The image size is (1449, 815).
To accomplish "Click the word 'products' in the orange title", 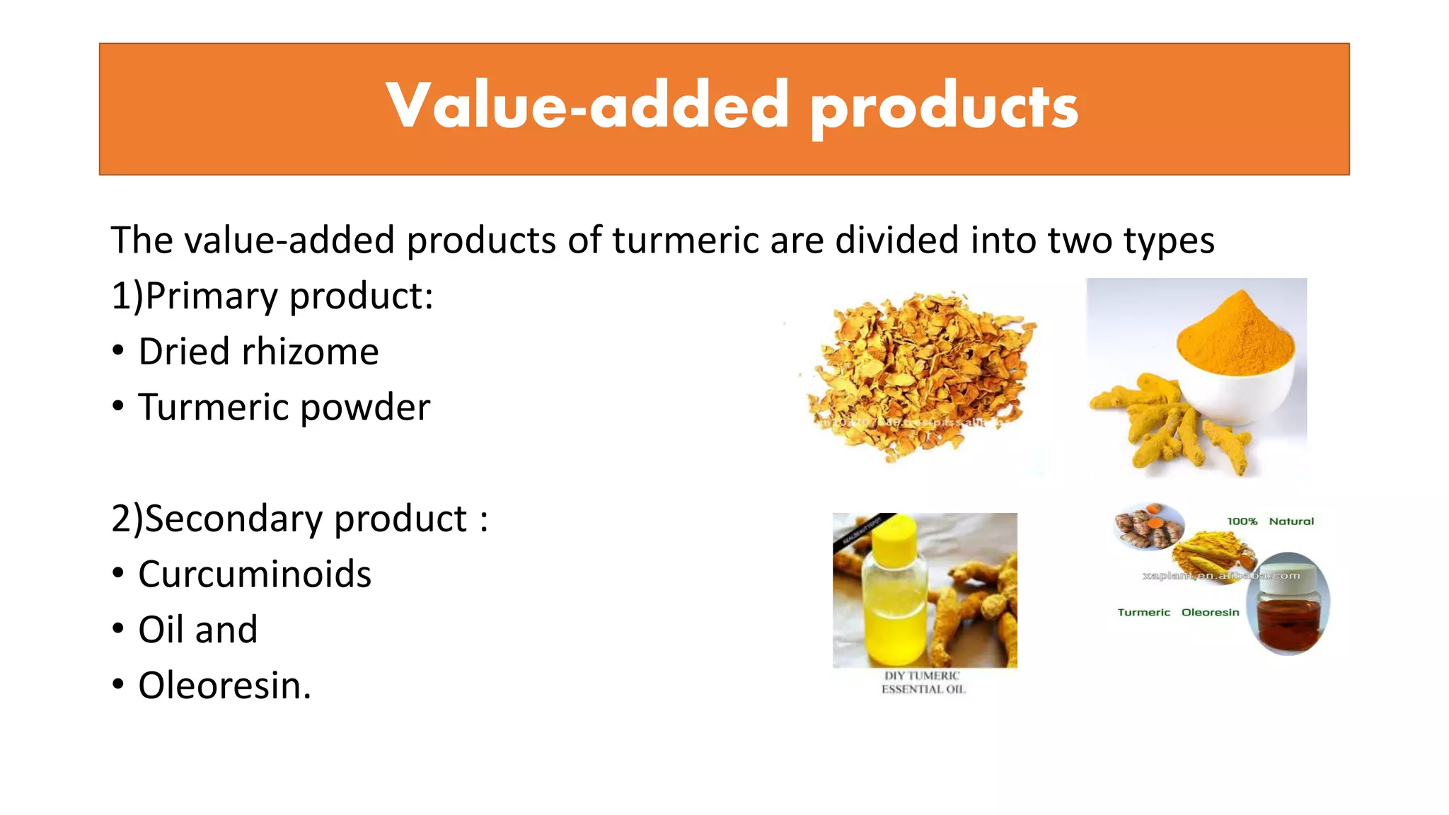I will point(944,108).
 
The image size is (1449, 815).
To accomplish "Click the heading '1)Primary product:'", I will point(272,296).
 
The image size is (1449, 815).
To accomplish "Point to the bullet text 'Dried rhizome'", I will point(258,352).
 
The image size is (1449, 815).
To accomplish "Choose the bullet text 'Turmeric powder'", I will point(284,407).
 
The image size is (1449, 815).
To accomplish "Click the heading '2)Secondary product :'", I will point(299,519).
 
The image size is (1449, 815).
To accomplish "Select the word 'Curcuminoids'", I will point(255,574).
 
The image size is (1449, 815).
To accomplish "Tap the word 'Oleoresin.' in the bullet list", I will point(224,686).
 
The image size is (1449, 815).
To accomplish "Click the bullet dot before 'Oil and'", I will point(118,628).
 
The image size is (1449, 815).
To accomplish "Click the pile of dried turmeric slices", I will point(920,375).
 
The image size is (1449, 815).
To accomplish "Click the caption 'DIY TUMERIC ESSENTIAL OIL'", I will point(923,683).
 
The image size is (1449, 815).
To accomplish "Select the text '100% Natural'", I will point(1270,521).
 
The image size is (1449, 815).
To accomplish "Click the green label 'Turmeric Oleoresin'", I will point(1178,613).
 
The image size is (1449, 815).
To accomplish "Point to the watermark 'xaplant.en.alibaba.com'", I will point(1221,576).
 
